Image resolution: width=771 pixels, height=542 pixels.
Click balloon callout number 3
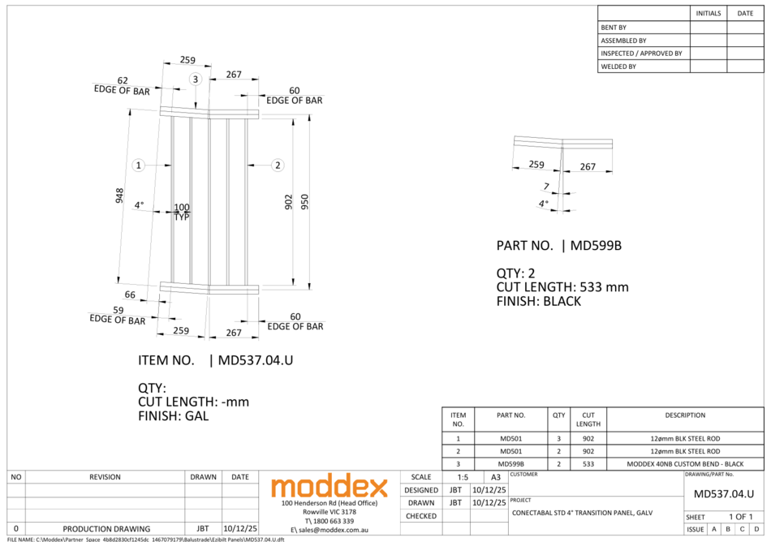(195, 79)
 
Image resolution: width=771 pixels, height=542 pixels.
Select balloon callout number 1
(139, 166)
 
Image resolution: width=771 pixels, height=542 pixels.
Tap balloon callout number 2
(278, 166)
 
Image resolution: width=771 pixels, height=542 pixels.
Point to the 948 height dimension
(119, 196)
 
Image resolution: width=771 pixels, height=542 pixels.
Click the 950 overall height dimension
(305, 201)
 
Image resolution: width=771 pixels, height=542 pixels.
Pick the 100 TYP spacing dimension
(182, 212)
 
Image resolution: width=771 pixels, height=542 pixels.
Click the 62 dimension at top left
(123, 80)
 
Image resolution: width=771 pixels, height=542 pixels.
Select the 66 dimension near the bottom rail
(130, 295)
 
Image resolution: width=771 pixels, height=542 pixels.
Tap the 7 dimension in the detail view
(546, 187)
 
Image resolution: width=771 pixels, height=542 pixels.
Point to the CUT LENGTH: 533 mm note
(562, 287)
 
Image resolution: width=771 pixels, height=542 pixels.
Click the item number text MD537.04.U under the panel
(250, 360)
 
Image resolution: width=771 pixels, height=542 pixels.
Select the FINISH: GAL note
(173, 416)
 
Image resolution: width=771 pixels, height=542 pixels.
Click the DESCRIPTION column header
(685, 415)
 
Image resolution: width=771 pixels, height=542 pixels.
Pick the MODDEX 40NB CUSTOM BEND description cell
(685, 464)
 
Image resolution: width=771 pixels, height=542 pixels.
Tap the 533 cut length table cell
(588, 464)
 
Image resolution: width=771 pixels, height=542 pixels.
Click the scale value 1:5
(463, 478)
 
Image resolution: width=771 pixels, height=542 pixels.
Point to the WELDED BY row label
(618, 67)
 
